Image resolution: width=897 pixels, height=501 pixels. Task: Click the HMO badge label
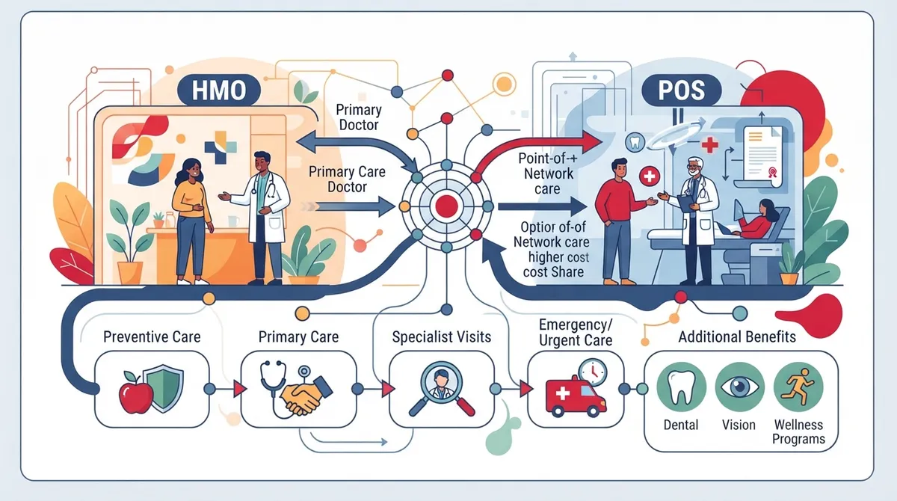click(218, 90)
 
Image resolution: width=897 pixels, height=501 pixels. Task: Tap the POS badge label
click(681, 90)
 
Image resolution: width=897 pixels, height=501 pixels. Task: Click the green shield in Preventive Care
click(164, 387)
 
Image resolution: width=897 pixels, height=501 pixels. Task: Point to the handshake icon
click(306, 396)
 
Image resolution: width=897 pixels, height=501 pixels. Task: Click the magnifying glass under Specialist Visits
click(442, 389)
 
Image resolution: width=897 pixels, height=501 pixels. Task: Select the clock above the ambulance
click(593, 372)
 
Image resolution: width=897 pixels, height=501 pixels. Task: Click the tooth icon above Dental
click(681, 387)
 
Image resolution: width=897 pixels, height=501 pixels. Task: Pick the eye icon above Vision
click(739, 387)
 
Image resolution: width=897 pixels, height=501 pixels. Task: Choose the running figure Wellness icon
click(798, 387)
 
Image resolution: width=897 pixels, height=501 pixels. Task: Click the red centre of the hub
click(446, 206)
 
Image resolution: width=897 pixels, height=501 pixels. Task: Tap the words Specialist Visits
click(442, 337)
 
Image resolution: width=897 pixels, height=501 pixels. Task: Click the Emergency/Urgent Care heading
click(576, 333)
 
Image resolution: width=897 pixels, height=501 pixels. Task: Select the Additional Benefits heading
click(737, 336)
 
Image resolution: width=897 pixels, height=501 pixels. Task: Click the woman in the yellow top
click(192, 221)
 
